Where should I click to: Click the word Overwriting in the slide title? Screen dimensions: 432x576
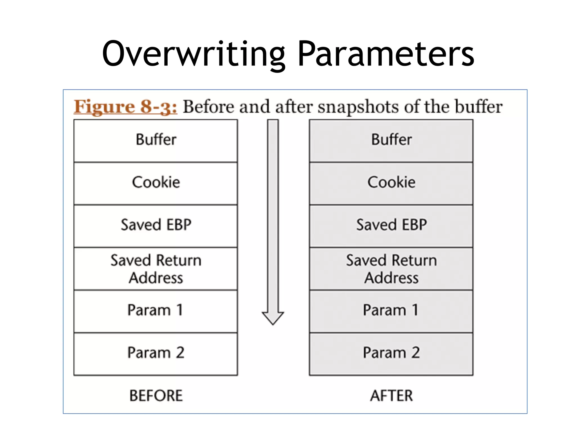point(193,54)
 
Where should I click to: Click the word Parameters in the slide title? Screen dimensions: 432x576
point(386,54)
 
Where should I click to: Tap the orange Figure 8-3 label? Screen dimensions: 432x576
point(125,107)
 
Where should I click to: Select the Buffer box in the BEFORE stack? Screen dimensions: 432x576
point(156,141)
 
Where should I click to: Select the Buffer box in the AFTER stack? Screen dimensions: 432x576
point(391,141)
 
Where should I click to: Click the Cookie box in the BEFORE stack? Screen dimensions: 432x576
point(156,183)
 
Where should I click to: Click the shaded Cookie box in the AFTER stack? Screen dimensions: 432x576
point(391,183)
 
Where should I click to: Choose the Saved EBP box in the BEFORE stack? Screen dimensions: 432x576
point(156,226)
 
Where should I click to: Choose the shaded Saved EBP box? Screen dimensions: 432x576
point(391,226)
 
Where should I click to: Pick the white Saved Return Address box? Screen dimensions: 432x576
point(156,269)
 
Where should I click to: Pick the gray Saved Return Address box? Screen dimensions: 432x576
point(391,269)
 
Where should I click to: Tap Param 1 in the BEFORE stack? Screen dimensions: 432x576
point(156,311)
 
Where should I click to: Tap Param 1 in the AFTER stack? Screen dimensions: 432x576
point(391,311)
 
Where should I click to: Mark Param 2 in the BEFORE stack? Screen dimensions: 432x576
point(156,353)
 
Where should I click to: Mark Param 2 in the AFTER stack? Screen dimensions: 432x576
point(391,353)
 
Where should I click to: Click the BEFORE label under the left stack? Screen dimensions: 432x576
point(156,396)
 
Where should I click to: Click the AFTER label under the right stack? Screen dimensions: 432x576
point(391,396)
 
